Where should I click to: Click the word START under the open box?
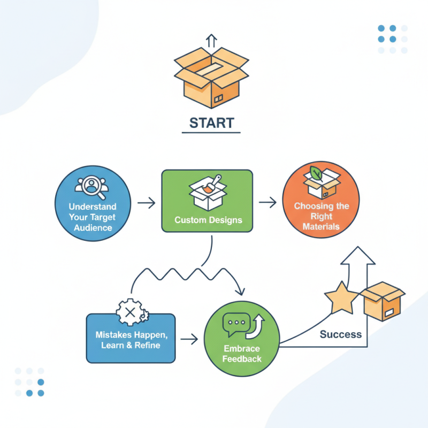[x=211, y=123]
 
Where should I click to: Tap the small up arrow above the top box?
[x=211, y=40]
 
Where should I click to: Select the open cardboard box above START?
[x=211, y=78]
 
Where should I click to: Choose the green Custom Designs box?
[x=207, y=201]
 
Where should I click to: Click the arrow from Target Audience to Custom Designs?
[x=146, y=203]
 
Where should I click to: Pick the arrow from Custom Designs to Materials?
[x=267, y=202]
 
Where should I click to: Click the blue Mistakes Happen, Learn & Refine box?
[x=131, y=338]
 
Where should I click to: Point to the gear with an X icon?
[x=131, y=311]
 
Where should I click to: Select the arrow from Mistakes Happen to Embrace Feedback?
[x=190, y=339]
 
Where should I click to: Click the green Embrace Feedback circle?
[x=241, y=339]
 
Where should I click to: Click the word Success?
[x=341, y=334]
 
